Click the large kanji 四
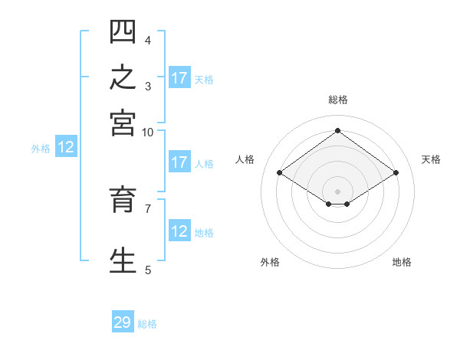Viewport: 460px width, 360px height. (123, 31)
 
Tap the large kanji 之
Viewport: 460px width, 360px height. (123, 77)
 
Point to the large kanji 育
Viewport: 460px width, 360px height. (123, 199)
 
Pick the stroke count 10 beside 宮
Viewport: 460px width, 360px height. (147, 133)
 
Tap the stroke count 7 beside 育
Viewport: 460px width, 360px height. (148, 209)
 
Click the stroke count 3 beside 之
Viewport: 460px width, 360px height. (148, 87)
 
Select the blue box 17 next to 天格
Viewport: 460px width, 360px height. (179, 77)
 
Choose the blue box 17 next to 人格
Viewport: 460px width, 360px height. (179, 162)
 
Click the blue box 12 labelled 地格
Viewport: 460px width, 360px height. (179, 230)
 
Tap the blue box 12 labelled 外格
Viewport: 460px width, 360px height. (66, 146)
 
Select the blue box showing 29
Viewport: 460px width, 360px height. (123, 321)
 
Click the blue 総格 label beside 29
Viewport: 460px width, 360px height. (147, 324)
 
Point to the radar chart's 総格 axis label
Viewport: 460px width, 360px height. (338, 100)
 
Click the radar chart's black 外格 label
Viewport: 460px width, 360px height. (270, 262)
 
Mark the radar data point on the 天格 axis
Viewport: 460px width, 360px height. (396, 172)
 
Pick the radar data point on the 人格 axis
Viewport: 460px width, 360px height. (280, 172)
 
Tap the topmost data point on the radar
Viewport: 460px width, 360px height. (337, 130)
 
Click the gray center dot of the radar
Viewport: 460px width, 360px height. (337, 191)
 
